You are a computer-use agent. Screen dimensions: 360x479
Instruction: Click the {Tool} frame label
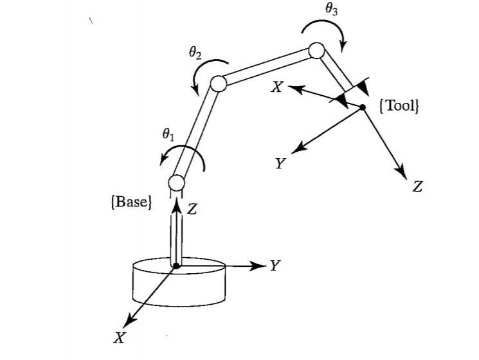click(400, 105)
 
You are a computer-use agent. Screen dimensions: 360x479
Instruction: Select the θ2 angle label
click(195, 55)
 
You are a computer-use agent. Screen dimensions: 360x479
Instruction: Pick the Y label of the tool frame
click(280, 164)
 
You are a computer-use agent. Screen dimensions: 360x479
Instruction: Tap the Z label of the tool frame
click(418, 187)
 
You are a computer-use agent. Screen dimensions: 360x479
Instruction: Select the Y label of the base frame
click(275, 265)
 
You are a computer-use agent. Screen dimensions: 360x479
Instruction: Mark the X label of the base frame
click(118, 338)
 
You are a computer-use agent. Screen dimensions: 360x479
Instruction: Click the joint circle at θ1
click(177, 182)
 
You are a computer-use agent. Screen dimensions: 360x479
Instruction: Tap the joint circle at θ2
click(217, 84)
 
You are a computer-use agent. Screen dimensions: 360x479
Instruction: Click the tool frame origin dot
click(362, 108)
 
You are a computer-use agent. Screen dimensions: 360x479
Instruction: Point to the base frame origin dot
click(176, 265)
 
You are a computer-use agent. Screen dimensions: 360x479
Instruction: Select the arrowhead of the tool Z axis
click(402, 174)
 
